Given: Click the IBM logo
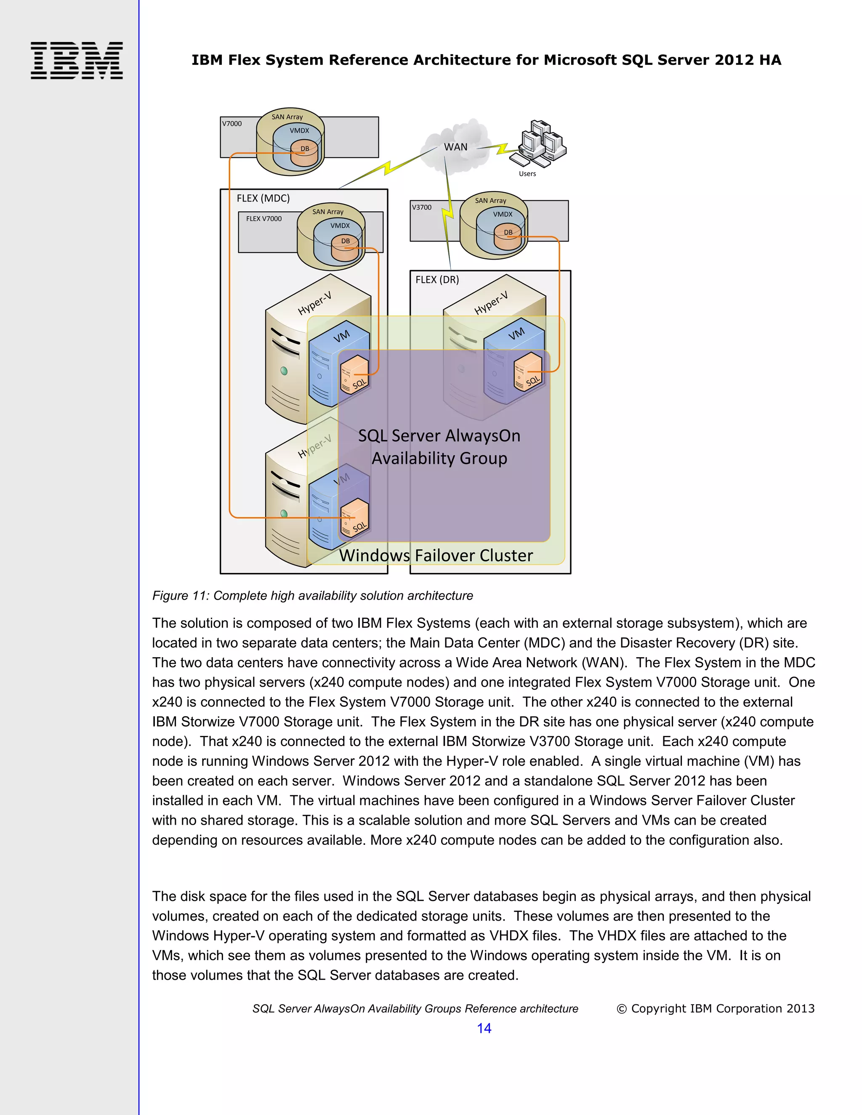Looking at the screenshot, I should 77,60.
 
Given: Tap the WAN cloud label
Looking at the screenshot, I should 455,147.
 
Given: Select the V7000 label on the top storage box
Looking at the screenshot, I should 232,124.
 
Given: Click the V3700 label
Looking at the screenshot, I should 422,207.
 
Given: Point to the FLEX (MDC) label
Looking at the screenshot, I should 263,198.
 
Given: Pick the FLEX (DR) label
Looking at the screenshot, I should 437,280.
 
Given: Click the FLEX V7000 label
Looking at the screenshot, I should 263,218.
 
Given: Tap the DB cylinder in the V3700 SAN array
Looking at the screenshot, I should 508,238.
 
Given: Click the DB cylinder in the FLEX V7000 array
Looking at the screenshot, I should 345,247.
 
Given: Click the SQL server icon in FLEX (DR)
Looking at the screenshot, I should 527,372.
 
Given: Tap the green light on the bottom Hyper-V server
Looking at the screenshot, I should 284,514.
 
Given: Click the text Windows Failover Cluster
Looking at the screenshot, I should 436,555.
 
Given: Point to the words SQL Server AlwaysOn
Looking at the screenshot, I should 439,435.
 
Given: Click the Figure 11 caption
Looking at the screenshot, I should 313,595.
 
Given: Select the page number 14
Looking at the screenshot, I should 484,1028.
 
